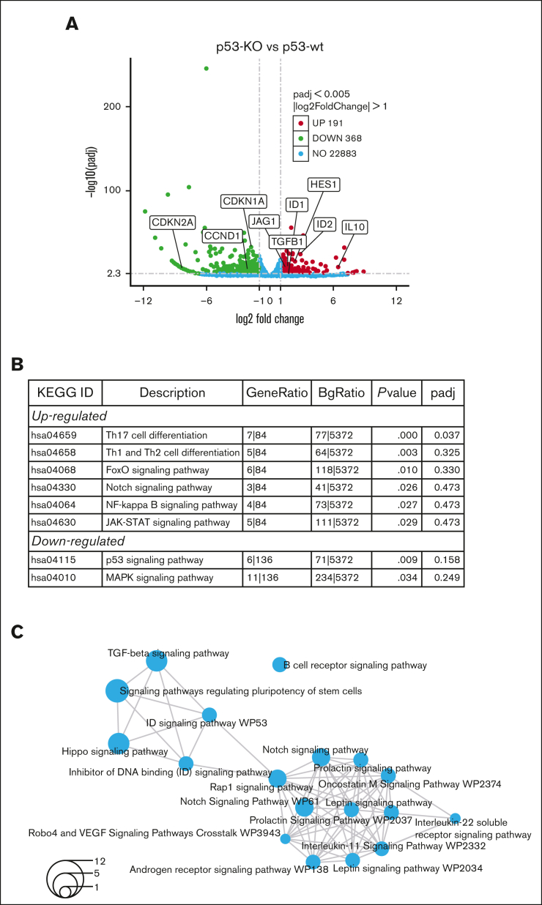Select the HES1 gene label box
click(x=324, y=185)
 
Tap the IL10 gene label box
click(x=354, y=227)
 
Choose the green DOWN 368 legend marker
click(x=300, y=138)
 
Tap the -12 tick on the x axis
click(x=144, y=301)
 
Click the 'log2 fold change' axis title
click(x=270, y=319)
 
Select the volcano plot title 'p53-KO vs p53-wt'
click(x=270, y=48)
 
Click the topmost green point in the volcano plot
click(x=207, y=68)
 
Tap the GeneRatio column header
click(x=276, y=392)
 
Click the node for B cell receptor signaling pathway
click(x=278, y=664)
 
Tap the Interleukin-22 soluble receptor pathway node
click(x=456, y=818)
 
